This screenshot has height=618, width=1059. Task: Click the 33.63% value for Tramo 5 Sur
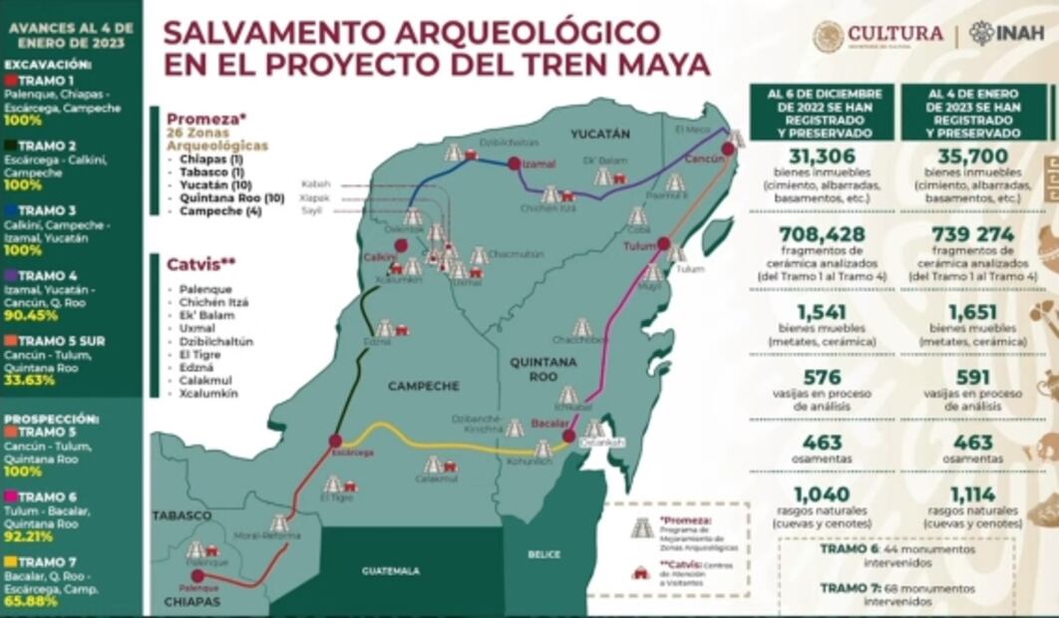pyautogui.click(x=29, y=379)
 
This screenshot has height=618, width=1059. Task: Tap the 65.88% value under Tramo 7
pyautogui.click(x=29, y=602)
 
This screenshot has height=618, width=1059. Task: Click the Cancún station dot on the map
pyautogui.click(x=728, y=149)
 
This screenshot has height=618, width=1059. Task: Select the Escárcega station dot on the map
pyautogui.click(x=336, y=440)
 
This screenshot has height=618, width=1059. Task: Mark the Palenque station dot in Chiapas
pyautogui.click(x=197, y=575)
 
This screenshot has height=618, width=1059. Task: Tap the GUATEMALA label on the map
pyautogui.click(x=391, y=571)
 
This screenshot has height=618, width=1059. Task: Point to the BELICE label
pyautogui.click(x=543, y=553)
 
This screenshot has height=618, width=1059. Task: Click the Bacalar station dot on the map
pyautogui.click(x=567, y=436)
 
